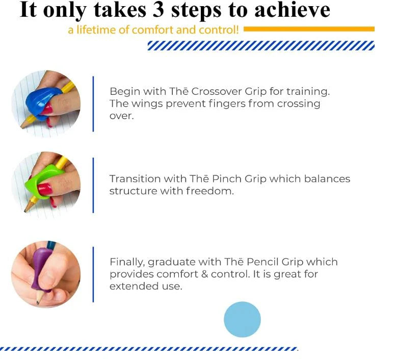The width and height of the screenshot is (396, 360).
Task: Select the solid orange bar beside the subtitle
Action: click(309, 29)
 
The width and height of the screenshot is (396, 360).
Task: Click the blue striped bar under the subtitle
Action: click(260, 46)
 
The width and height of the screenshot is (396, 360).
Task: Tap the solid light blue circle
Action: click(242, 319)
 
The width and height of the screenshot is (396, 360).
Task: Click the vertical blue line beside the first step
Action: click(93, 104)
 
